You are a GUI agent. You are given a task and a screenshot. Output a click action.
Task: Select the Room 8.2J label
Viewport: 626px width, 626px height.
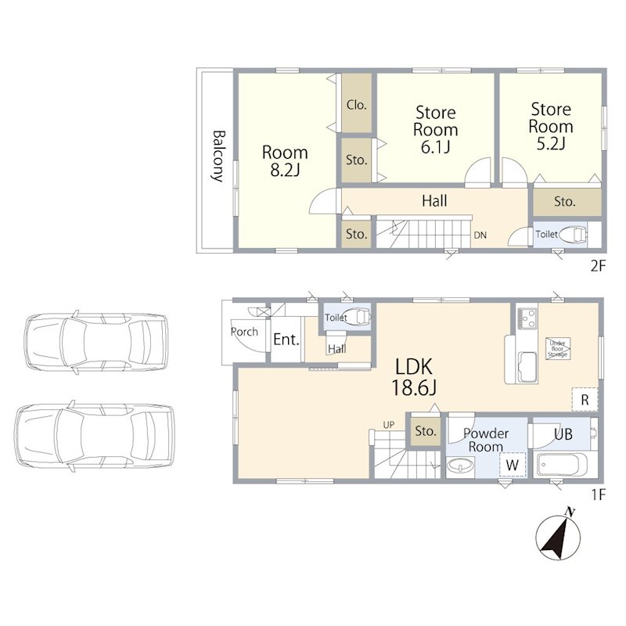[285, 161]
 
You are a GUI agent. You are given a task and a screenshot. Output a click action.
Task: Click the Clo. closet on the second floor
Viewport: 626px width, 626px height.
[357, 105]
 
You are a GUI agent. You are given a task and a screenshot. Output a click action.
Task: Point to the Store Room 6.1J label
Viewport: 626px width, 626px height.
[436, 130]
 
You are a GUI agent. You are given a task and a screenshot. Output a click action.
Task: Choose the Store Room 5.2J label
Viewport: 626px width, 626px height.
[551, 126]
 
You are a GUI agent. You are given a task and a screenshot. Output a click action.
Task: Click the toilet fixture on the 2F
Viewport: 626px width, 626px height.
[573, 235]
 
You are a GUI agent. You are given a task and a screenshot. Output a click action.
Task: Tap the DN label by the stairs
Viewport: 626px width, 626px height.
[480, 236]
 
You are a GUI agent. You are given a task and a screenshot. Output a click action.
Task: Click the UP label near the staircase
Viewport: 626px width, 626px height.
[388, 425]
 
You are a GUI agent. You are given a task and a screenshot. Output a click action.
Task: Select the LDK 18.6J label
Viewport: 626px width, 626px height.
[414, 377]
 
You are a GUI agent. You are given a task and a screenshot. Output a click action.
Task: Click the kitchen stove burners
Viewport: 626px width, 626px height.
[527, 318]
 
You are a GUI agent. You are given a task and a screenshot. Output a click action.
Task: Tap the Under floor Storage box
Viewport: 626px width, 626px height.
[558, 349]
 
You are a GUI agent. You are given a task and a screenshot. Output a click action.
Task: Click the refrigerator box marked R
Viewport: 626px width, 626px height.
[585, 399]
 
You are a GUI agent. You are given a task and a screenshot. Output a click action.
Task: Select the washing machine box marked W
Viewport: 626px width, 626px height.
[513, 465]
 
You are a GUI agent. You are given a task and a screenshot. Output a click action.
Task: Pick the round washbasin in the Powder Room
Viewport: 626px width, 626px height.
[461, 466]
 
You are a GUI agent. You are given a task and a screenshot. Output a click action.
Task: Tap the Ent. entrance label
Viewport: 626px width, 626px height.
[286, 340]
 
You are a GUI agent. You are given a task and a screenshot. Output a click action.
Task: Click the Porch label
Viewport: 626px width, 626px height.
[244, 331]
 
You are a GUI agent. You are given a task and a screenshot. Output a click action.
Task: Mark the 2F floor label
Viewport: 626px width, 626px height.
[598, 266]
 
